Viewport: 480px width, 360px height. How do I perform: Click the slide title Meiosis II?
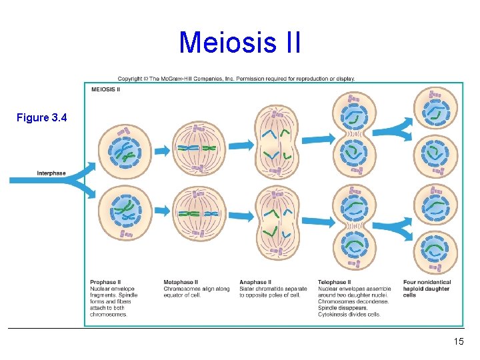coord(240,43)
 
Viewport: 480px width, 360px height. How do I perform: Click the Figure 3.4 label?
coord(42,118)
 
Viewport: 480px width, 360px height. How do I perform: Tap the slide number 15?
coord(458,342)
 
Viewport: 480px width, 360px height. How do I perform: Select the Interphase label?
coord(51,173)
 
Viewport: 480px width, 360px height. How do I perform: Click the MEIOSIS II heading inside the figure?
coord(105,89)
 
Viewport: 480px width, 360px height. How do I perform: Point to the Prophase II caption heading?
coord(105,282)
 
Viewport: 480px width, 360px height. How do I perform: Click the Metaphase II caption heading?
coord(181,282)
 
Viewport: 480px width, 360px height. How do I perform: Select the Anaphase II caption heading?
coord(255,282)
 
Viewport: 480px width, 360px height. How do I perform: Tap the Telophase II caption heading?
coord(334,282)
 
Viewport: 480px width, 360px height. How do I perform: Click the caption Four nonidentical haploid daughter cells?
coord(427,288)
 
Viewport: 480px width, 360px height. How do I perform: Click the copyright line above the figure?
coord(237,79)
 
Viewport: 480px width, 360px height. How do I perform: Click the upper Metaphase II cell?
coord(199,148)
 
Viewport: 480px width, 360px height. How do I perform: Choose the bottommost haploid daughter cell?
coord(435,249)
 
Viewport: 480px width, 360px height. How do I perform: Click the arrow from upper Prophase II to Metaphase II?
coord(163,150)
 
